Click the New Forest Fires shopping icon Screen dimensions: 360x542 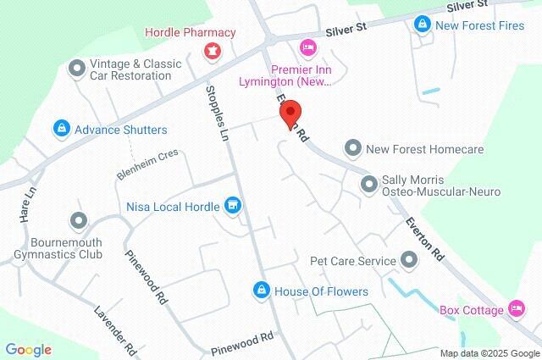pyautogui.click(x=421, y=25)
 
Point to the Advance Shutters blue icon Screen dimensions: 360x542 pyautogui.click(x=61, y=130)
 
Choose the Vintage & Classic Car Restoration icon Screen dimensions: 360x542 pyautogui.click(x=78, y=65)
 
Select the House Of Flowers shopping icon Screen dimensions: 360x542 pyautogui.click(x=262, y=291)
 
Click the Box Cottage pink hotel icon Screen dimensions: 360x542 pyautogui.click(x=514, y=308)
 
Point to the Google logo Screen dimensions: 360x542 pyautogui.click(x=28, y=350)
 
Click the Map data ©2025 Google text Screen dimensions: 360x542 pyautogui.click(x=489, y=353)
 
